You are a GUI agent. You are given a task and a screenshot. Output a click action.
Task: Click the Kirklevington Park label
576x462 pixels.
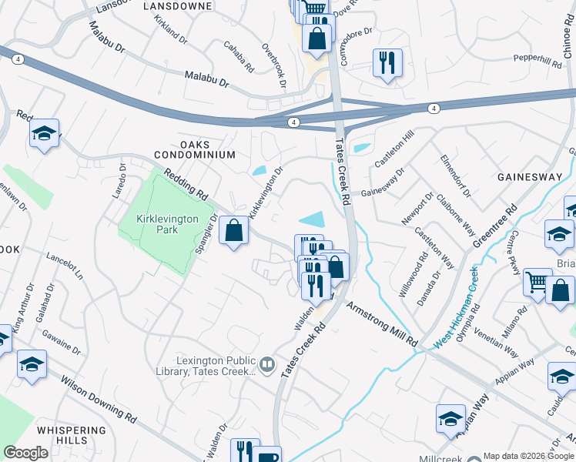(x=167, y=224)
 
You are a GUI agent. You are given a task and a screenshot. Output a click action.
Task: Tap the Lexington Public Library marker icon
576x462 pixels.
(x=267, y=363)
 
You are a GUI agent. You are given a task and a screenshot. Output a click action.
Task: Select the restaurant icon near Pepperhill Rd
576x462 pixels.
(x=387, y=62)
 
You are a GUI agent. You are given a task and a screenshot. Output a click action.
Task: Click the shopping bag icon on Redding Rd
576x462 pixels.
(x=233, y=230)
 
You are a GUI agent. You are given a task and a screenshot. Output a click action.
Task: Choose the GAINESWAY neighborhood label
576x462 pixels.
(x=531, y=176)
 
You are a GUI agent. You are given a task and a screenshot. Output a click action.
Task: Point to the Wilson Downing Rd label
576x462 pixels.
(x=99, y=399)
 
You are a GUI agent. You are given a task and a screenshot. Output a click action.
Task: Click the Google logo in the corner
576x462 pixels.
(x=25, y=453)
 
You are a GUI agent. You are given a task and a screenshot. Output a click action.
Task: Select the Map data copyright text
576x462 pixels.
(x=529, y=456)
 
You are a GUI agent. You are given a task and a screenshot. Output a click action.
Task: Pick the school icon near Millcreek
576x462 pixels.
(x=450, y=418)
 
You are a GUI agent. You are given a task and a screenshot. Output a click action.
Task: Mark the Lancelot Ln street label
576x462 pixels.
(x=64, y=263)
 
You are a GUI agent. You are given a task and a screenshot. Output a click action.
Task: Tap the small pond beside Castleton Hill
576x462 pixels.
(x=361, y=147)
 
